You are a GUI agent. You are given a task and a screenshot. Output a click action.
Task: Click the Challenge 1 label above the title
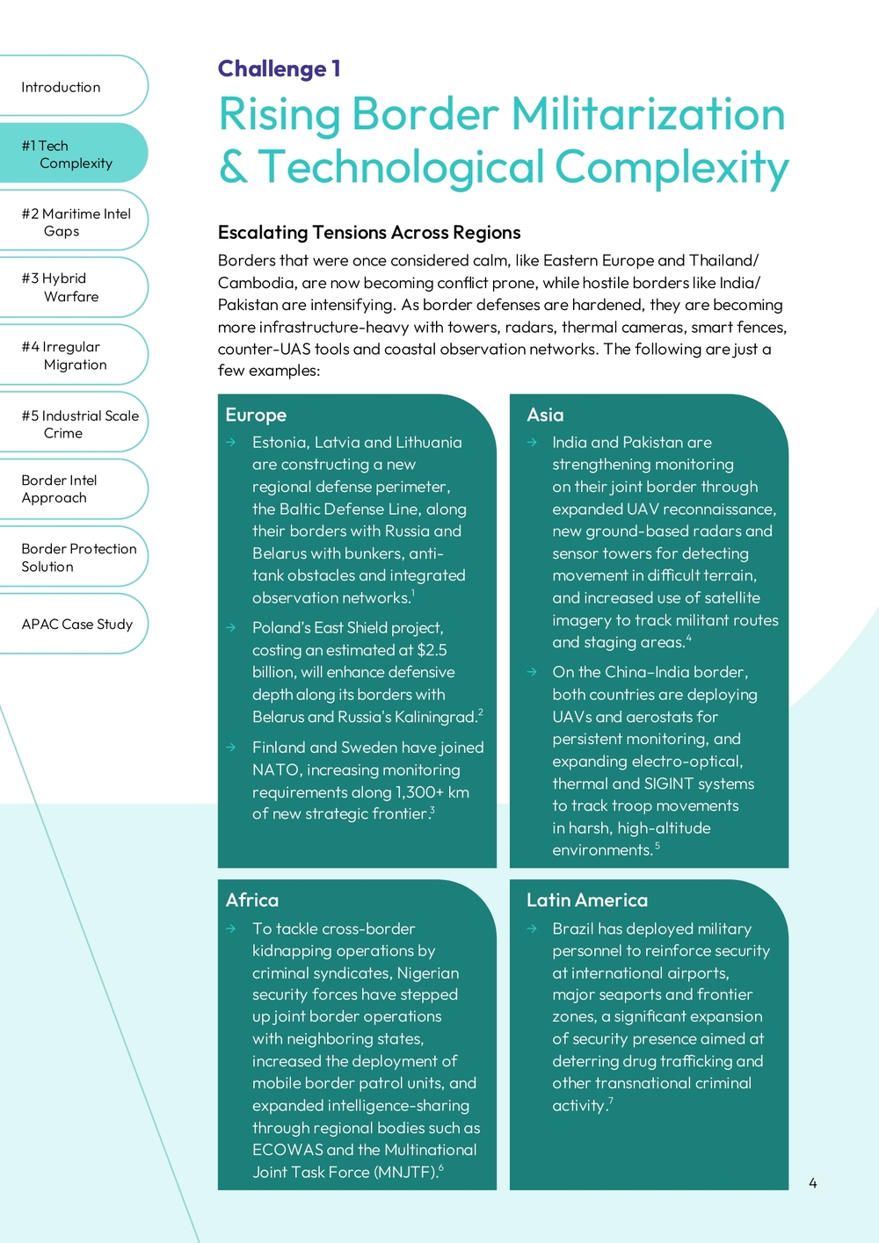[x=279, y=69]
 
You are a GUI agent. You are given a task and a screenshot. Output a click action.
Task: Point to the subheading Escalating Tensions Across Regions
[x=369, y=233]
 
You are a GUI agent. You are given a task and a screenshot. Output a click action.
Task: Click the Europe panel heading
[x=256, y=416]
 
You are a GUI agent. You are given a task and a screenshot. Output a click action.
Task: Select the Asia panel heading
[x=545, y=416]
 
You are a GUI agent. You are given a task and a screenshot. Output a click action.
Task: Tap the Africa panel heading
[x=252, y=900]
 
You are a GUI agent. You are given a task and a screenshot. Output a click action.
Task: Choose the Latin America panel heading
[x=586, y=900]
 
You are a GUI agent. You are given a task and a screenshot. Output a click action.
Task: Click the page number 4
[x=812, y=1183]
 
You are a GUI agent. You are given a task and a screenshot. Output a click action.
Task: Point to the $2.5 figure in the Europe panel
[x=432, y=650]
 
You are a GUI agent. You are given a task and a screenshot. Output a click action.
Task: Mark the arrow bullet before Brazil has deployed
[x=532, y=929]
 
